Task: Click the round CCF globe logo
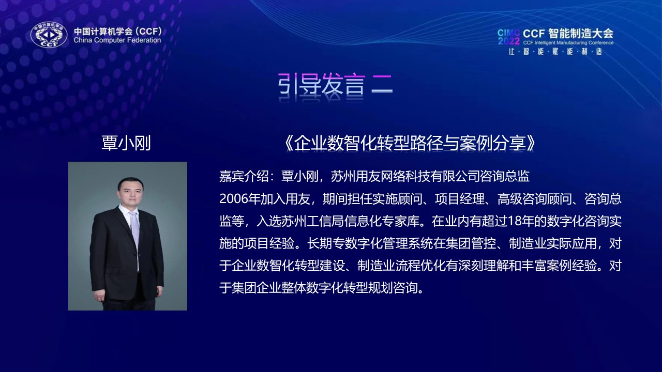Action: [49, 34]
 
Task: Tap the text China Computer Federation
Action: [117, 40]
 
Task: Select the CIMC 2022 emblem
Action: [508, 37]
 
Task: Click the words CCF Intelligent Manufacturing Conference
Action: [568, 43]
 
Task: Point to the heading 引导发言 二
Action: [335, 84]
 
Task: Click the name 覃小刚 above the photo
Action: [126, 143]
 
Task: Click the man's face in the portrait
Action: [130, 194]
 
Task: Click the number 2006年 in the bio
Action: [239, 199]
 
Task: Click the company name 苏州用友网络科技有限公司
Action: [405, 177]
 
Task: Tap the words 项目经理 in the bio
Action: [460, 199]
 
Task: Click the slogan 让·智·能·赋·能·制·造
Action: [555, 52]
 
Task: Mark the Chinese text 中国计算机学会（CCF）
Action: [118, 31]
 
